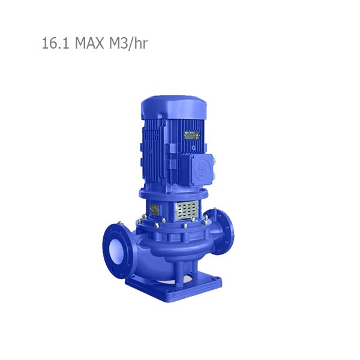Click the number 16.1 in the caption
(x=56, y=44)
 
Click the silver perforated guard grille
(x=187, y=209)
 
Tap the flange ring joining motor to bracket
(x=174, y=193)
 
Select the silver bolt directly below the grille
(x=185, y=226)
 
